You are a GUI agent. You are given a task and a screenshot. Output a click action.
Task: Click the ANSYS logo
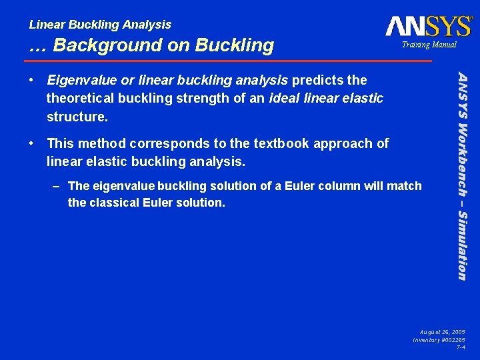(429, 26)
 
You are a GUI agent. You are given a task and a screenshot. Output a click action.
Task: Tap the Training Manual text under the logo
(428, 45)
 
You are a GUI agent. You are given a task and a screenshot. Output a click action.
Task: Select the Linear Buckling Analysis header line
(100, 25)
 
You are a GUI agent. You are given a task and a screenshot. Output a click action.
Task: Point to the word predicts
(317, 81)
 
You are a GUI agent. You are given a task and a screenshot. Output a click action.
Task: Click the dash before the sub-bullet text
(58, 186)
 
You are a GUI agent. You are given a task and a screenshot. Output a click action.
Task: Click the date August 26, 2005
(443, 331)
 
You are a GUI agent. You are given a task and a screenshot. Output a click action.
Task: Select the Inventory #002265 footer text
(439, 339)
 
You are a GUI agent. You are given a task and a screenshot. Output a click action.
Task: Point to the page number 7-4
(461, 347)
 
